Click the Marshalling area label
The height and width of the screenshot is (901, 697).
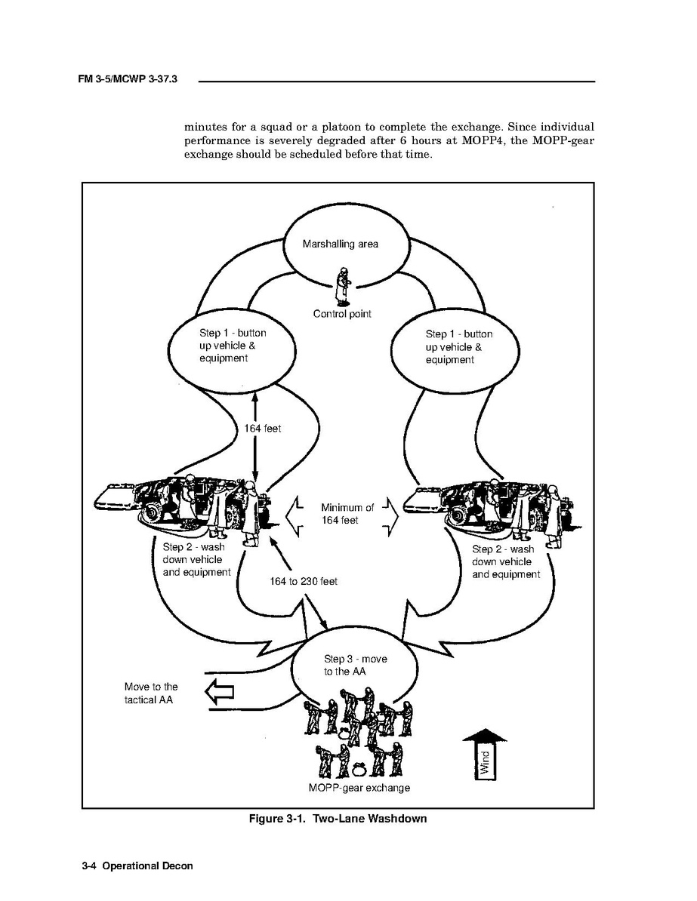tap(340, 244)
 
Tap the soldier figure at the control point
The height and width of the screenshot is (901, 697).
tap(343, 288)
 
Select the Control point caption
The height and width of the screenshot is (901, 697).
tap(342, 314)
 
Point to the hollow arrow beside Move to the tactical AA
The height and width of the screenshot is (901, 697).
tap(219, 692)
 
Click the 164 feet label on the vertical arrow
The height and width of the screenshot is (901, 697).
tap(262, 429)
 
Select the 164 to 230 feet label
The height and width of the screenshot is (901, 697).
tap(304, 582)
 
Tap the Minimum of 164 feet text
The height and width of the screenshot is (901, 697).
tap(347, 514)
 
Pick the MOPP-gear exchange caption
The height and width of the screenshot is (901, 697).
tap(359, 788)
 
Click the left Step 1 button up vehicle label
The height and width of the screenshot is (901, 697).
tap(232, 346)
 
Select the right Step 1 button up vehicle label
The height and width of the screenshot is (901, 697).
tap(458, 346)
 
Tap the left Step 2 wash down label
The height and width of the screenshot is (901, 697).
tap(196, 559)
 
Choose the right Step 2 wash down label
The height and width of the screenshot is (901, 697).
tap(505, 561)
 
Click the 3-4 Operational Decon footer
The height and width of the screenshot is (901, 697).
tap(137, 866)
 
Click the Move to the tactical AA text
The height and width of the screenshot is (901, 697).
tap(151, 693)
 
